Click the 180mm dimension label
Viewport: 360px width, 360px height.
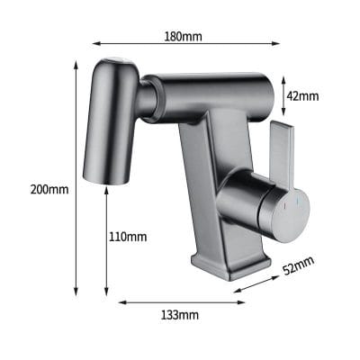tap(183, 37)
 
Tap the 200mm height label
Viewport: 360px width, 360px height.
tap(49, 190)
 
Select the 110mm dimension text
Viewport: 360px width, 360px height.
tap(128, 237)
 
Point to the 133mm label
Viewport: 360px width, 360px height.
tap(180, 315)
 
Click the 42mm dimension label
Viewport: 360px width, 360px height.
tap(302, 96)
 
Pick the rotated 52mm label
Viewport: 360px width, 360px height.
tap(299, 265)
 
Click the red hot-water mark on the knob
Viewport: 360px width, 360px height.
tap(284, 206)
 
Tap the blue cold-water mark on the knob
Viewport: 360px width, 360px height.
tap(298, 202)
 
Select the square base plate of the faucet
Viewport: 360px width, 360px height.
tap(231, 266)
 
